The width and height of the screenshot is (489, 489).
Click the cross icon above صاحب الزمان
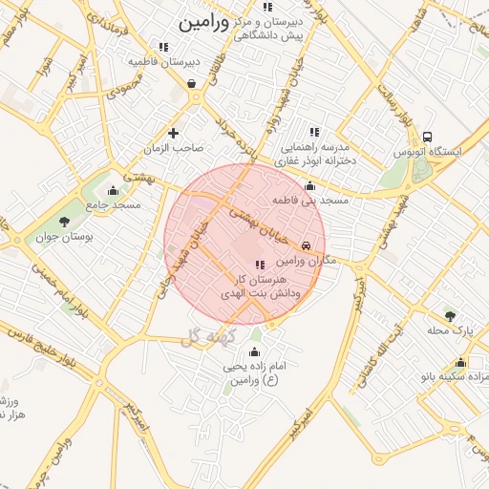pos(173,133)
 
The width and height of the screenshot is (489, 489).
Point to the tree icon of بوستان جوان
pos(64,222)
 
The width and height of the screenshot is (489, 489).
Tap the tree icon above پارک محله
pos(449,316)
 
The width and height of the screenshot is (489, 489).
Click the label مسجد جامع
pos(113,204)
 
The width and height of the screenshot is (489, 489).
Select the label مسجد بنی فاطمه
pos(310,202)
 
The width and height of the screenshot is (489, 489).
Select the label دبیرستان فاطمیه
pos(165,61)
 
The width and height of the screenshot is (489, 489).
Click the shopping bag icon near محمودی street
pos(193,83)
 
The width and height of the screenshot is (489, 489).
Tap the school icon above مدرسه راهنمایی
pos(314,133)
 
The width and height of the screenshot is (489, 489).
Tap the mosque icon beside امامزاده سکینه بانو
pos(461,362)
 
